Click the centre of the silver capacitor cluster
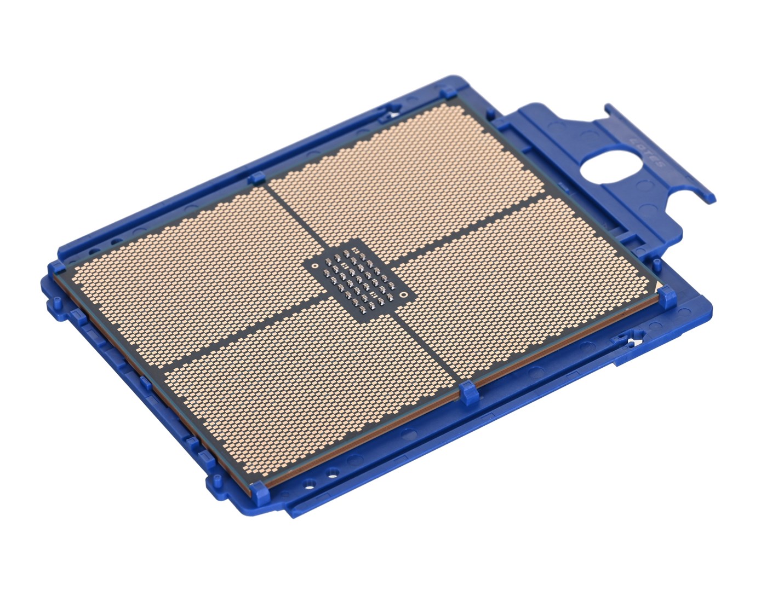[359, 279]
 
